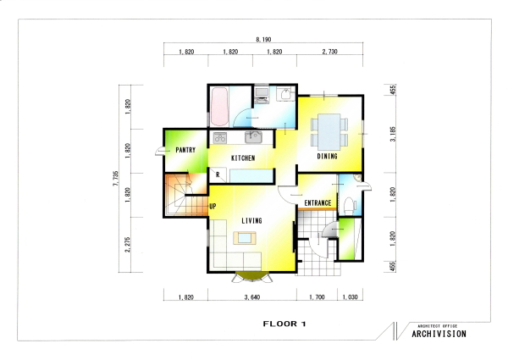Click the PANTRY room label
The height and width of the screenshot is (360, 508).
point(185,150)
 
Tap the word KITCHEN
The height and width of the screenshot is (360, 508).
point(243,158)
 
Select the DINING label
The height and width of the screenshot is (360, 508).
point(327,156)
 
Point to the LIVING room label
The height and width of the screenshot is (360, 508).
point(251,221)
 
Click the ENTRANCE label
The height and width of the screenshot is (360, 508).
point(317,203)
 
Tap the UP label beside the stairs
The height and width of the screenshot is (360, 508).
point(213,206)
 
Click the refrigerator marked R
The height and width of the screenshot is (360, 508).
point(218,175)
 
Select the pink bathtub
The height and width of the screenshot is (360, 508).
point(219,107)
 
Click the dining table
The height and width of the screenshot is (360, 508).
point(329,132)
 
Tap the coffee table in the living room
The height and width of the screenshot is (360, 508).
point(245,238)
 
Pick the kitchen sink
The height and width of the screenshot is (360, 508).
point(253,137)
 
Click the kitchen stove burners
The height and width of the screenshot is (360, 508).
point(220,138)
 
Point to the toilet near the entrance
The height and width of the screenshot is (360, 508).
point(349,206)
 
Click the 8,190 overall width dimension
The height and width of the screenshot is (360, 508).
point(263,40)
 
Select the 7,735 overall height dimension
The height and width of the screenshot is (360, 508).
point(116,178)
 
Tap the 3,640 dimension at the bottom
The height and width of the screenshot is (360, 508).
point(252,297)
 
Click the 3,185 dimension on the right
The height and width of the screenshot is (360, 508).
point(393,134)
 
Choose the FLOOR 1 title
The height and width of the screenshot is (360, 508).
point(284,324)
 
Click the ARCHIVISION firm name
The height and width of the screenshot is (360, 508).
point(439,334)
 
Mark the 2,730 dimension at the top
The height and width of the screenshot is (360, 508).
point(330,52)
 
